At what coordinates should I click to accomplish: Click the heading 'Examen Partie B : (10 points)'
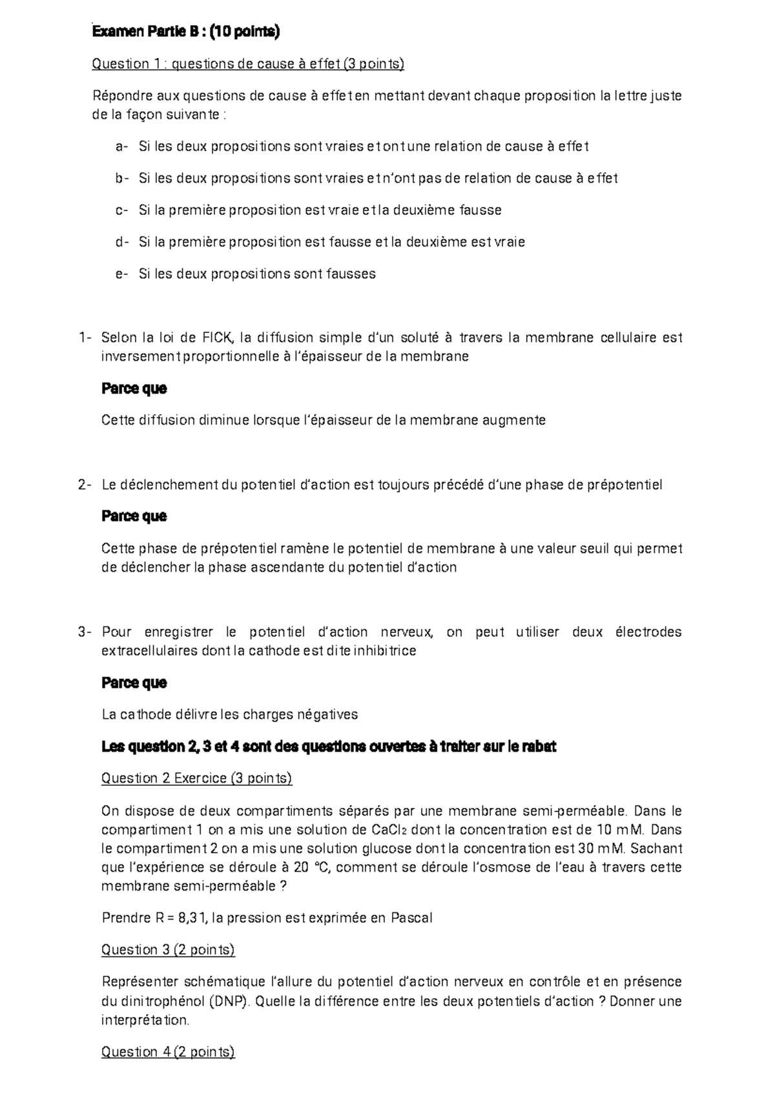186,32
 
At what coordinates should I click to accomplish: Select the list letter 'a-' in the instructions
121,146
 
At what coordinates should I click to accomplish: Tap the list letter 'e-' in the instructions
121,274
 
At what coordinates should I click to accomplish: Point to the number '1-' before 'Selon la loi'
85,337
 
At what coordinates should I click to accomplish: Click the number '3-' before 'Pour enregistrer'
85,632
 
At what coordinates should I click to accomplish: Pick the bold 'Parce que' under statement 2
134,516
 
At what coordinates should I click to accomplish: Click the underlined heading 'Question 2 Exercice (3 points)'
197,778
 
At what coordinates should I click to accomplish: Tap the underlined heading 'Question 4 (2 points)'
168,1052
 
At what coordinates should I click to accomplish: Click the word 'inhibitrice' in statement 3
382,650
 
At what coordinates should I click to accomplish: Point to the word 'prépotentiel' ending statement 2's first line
624,485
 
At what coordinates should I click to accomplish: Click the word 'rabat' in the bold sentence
537,747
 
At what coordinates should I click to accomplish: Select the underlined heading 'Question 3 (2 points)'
168,950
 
